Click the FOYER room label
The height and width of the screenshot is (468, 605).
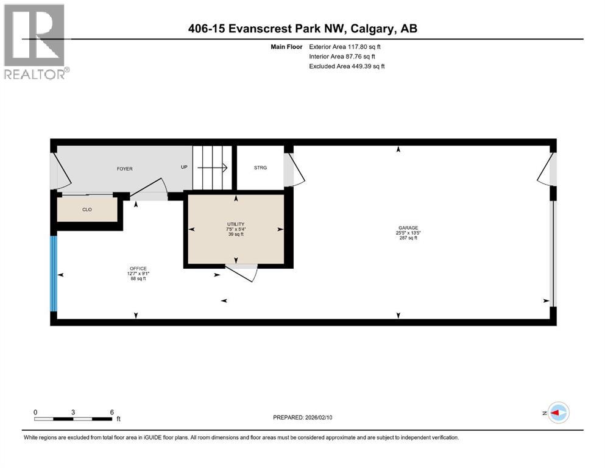tap(124, 169)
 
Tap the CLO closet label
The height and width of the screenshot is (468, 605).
tap(87, 210)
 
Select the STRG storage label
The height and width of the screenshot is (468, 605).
tap(260, 168)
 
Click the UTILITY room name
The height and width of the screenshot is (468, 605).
tap(235, 224)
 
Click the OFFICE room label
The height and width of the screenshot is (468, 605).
tap(138, 269)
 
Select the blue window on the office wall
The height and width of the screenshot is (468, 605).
tap(54, 274)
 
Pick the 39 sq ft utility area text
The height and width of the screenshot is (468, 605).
tap(235, 234)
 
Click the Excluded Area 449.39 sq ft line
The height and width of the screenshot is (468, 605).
tap(347, 66)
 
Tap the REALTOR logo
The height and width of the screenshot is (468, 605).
tap(35, 41)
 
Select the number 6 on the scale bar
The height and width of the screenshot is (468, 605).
tap(111, 412)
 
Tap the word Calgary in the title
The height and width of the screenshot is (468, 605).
tap(372, 29)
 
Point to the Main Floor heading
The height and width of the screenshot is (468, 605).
tap(286, 46)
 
